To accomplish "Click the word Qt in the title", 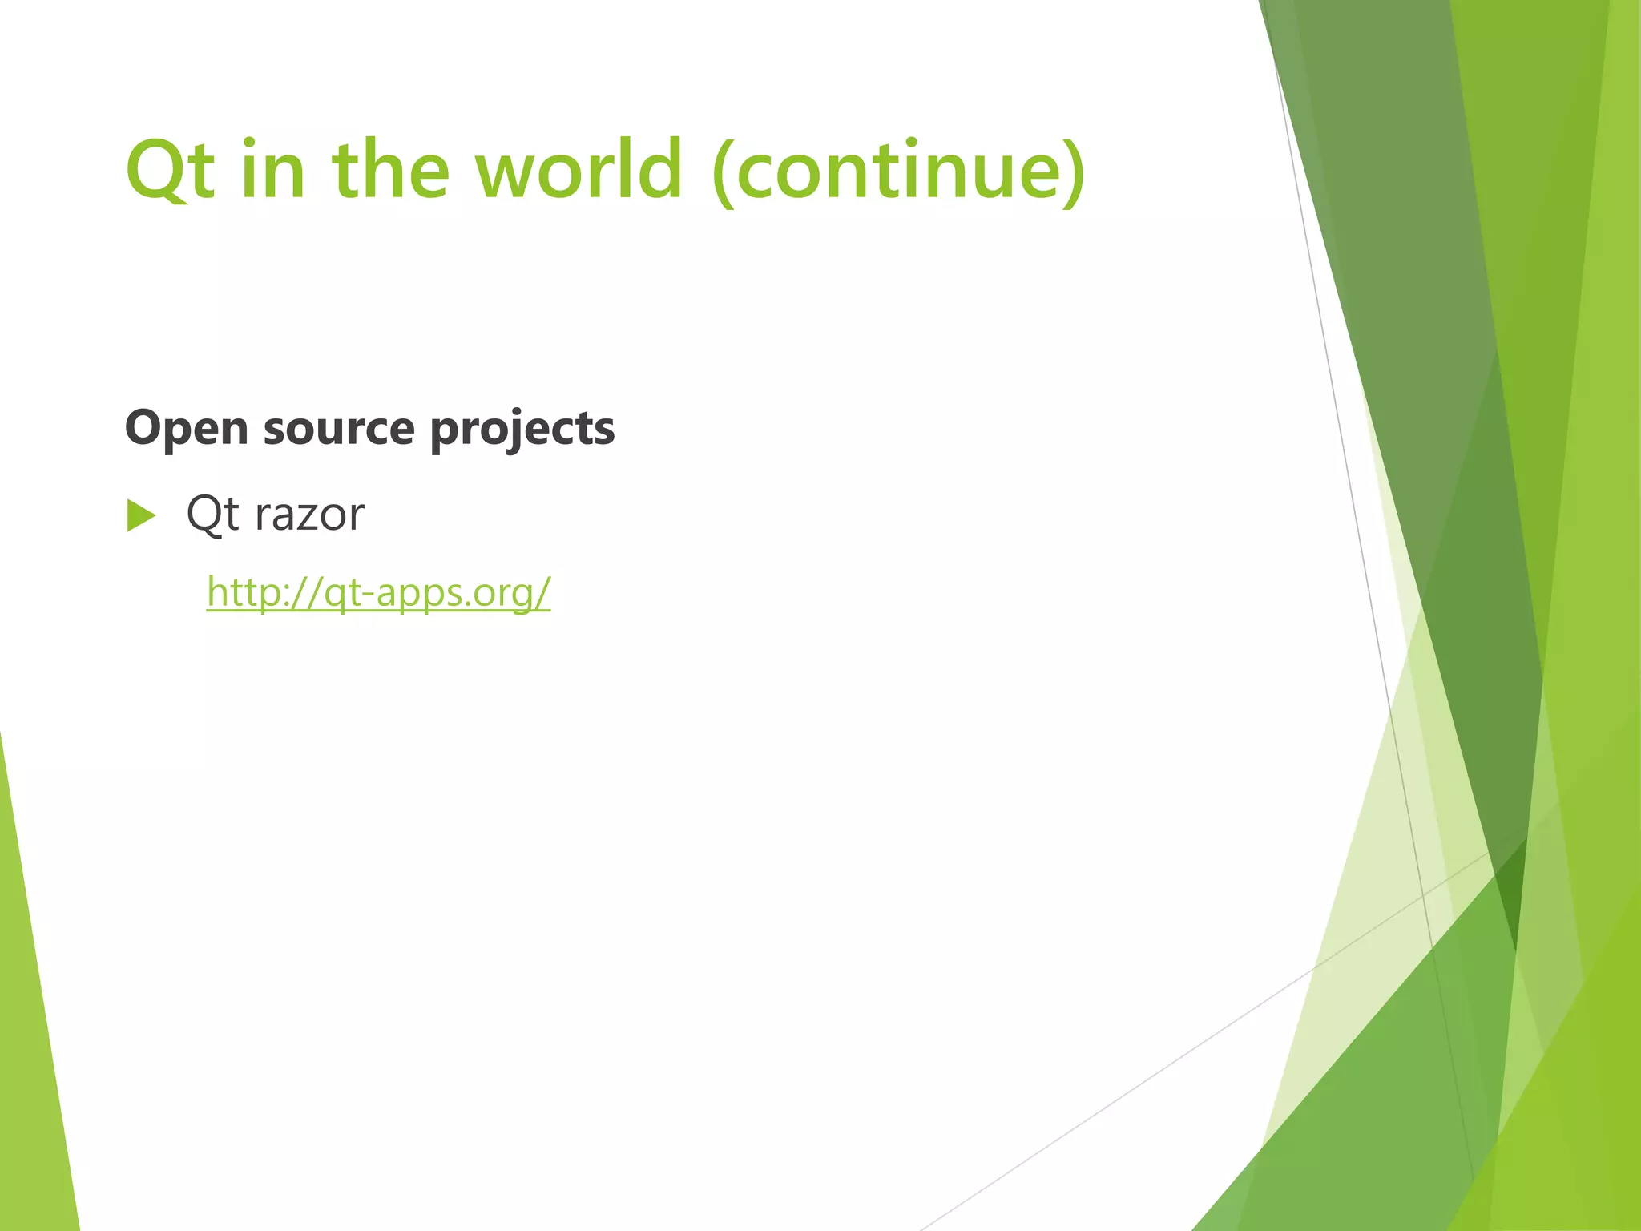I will [170, 169].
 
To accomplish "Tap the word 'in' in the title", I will [272, 169].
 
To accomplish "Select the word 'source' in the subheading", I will [338, 429].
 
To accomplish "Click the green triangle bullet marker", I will [141, 515].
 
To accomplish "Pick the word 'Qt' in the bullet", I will [212, 514].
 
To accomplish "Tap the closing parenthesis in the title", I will [1074, 172].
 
